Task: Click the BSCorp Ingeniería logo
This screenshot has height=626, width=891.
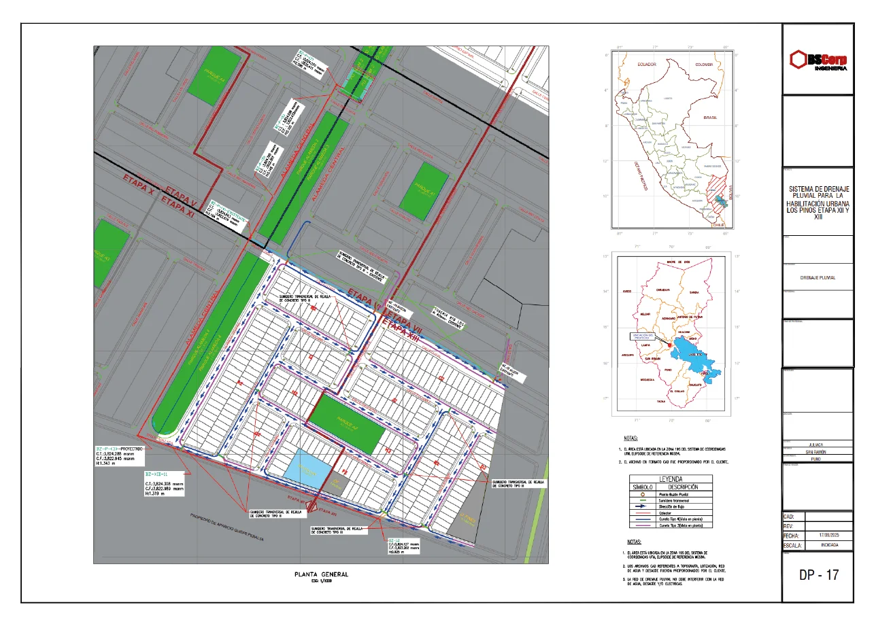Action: [x=818, y=60]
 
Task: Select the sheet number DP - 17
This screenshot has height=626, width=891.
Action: [x=819, y=575]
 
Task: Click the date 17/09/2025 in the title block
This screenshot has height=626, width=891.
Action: [x=828, y=536]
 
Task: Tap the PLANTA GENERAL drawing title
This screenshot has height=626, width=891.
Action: [x=321, y=574]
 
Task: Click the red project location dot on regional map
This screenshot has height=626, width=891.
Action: [x=669, y=345]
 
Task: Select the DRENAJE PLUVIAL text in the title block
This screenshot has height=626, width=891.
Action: [x=818, y=277]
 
